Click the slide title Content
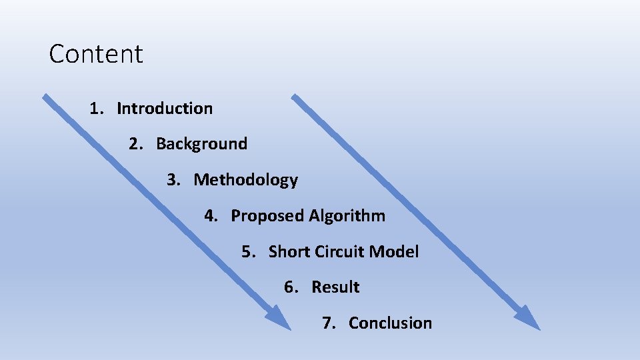coord(96,54)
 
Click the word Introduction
coord(165,108)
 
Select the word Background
coord(201,144)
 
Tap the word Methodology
coord(245,180)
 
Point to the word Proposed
coord(267,216)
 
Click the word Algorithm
coord(347,216)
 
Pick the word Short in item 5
coord(289,252)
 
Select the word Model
coord(394,252)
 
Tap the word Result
coord(335,287)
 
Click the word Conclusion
coord(390,323)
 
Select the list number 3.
coord(172,180)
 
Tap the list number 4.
coord(209,216)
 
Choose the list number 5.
coord(247,252)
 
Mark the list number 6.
coord(289,287)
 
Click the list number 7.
coord(327,323)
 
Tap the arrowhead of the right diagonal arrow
coord(529,319)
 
